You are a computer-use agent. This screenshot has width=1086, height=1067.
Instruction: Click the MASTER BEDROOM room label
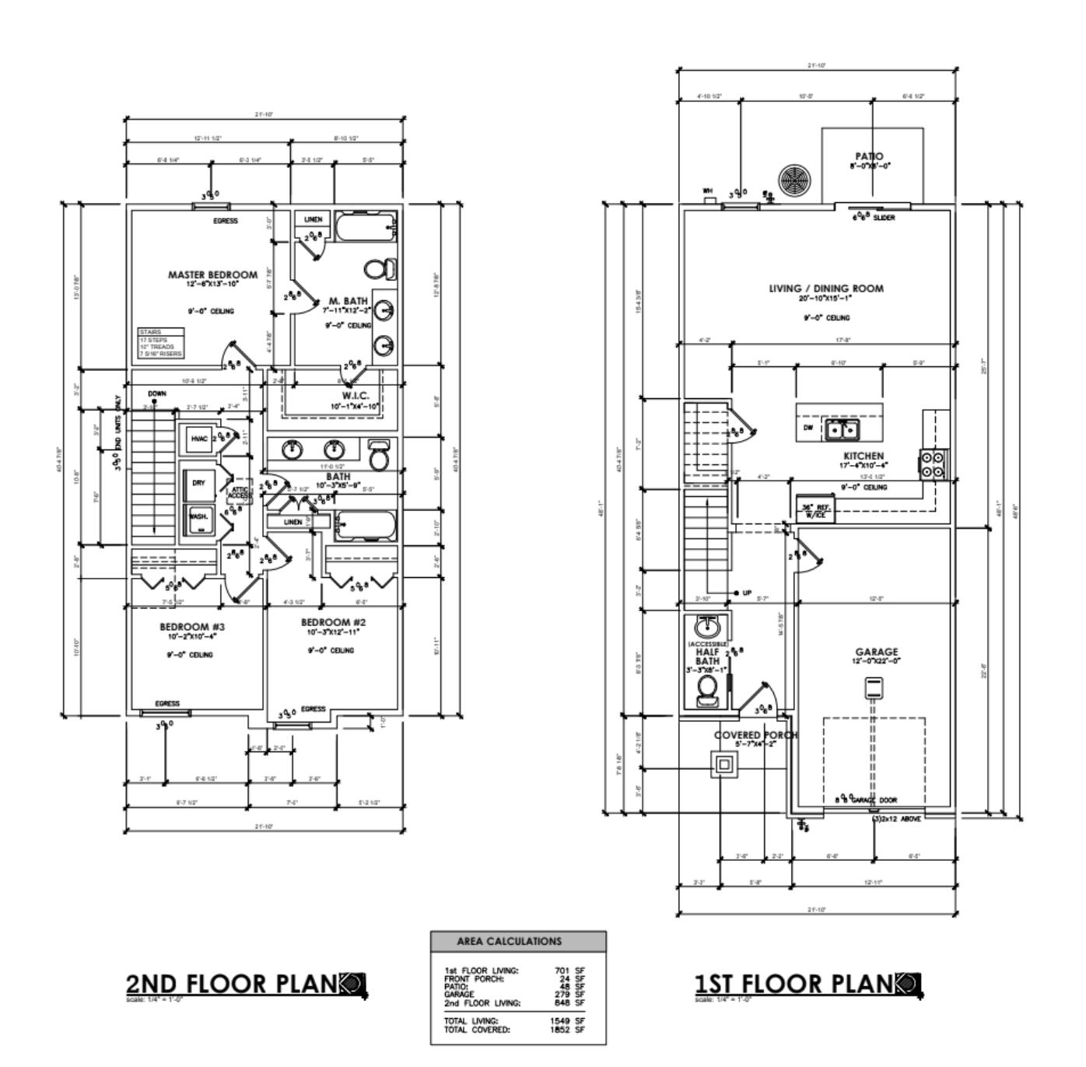pyautogui.click(x=212, y=275)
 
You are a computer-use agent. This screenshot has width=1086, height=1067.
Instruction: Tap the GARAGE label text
pyautogui.click(x=876, y=652)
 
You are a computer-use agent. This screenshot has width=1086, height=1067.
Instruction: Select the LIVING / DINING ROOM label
pyautogui.click(x=826, y=289)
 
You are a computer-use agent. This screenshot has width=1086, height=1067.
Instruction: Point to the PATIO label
pyautogui.click(x=868, y=156)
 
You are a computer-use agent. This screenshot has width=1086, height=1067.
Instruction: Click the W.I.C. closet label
pyautogui.click(x=356, y=396)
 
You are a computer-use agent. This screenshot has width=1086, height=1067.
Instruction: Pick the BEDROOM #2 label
pyautogui.click(x=333, y=622)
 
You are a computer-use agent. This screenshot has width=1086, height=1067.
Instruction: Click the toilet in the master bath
pyautogui.click(x=379, y=269)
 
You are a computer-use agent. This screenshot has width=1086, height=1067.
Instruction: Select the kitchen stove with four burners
pyautogui.click(x=934, y=464)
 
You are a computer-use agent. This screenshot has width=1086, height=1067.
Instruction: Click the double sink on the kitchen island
pyautogui.click(x=842, y=429)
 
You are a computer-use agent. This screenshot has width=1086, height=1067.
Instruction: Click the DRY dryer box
pyautogui.click(x=198, y=483)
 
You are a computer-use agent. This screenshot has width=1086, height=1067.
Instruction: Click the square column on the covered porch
pyautogui.click(x=724, y=764)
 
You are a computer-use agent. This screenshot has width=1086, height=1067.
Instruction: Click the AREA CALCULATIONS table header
pyautogui.click(x=518, y=941)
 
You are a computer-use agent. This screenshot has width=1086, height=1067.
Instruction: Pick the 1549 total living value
pyautogui.click(x=559, y=1021)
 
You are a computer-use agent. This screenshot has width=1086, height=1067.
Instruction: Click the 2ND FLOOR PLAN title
pyautogui.click(x=233, y=984)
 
